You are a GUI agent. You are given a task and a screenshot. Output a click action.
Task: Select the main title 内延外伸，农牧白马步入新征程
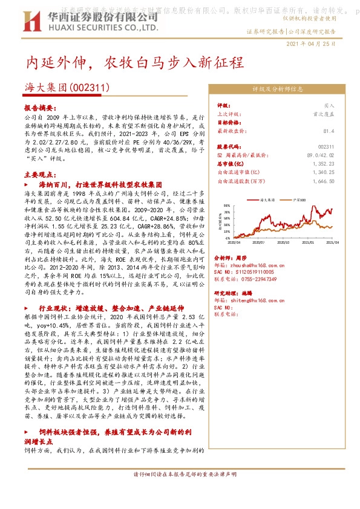pos(133,63)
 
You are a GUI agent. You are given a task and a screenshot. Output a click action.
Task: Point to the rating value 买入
pos(329,105)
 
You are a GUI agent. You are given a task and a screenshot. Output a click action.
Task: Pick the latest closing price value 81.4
pos(329,130)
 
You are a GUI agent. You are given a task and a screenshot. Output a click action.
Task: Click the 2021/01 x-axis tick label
pos(309,241)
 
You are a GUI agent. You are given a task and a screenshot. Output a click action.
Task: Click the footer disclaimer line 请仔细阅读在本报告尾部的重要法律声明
pos(180,491)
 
